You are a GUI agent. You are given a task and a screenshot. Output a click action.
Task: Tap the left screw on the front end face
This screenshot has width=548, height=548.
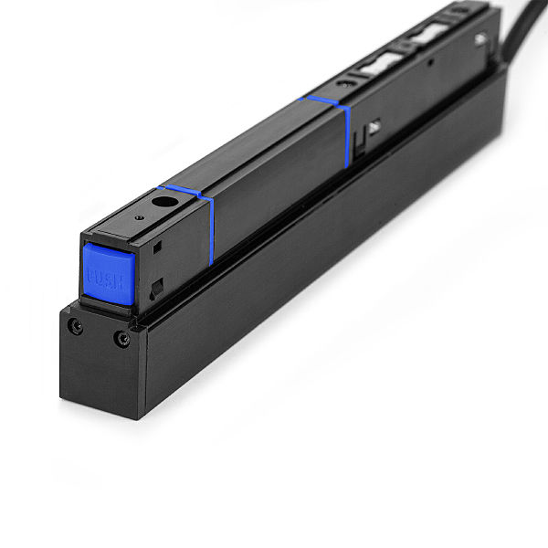tap(77, 325)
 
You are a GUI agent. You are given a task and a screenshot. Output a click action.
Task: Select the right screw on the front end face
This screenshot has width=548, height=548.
tap(121, 339)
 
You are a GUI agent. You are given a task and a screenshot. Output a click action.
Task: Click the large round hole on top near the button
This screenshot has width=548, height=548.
tap(164, 203)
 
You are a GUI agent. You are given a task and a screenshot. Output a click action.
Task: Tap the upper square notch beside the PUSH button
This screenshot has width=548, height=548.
tap(157, 247)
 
